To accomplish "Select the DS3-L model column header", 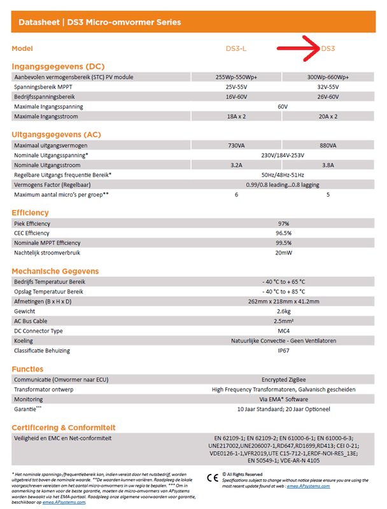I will point(236,48).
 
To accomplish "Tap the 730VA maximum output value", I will point(236,146).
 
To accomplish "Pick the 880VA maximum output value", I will point(328,146).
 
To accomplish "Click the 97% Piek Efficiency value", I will point(283,224).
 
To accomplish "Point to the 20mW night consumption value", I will point(283,253).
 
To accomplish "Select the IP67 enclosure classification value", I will point(283,351).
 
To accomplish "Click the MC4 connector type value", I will point(283,331).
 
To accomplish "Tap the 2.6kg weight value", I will point(283,311).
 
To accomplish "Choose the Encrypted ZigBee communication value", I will point(283,379).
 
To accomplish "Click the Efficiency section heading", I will point(30,213).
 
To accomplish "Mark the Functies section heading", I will point(27,369).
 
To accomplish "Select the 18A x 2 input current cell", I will point(236,116).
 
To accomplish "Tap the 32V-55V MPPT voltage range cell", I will point(328,87).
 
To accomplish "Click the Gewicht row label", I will point(25,311).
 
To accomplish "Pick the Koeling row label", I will point(24,340).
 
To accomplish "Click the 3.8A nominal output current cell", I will point(328,165).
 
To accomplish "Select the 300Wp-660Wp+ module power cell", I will point(328,77).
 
